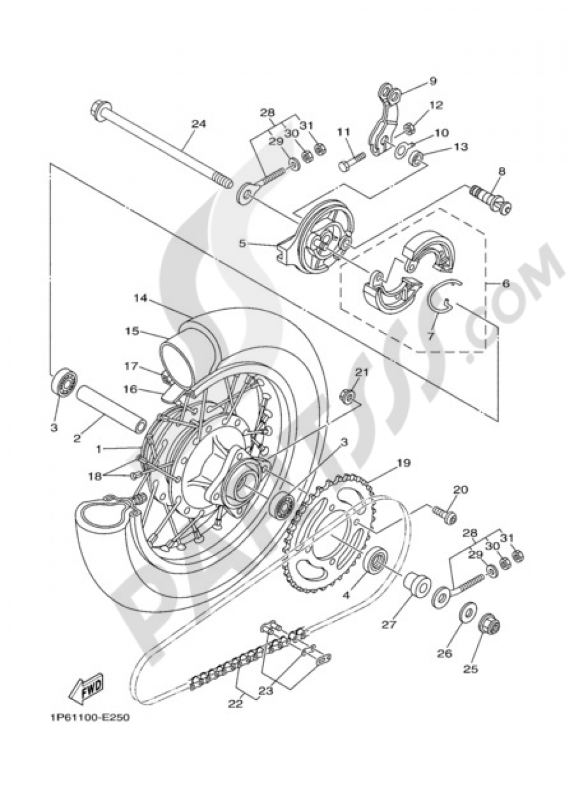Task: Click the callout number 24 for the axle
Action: coord(199,124)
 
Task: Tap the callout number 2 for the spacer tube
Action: coord(77,439)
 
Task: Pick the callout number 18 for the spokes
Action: coord(95,476)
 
